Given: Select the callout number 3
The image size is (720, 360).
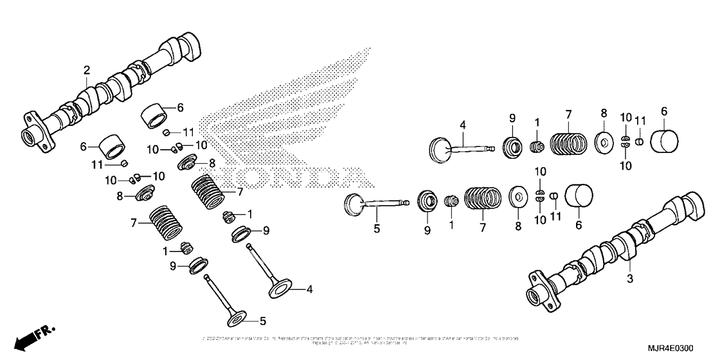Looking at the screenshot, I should [x=630, y=278].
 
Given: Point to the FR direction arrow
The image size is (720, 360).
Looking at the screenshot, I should [x=32, y=336].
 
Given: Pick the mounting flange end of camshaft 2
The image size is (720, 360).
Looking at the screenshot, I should [x=37, y=130].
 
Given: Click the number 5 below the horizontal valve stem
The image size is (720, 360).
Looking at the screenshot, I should [x=378, y=228].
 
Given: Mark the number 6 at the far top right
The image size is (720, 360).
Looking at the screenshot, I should [x=664, y=111].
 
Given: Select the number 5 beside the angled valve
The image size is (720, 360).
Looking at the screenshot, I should [x=262, y=320].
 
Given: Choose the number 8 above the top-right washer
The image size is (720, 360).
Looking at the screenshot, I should [x=604, y=113].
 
